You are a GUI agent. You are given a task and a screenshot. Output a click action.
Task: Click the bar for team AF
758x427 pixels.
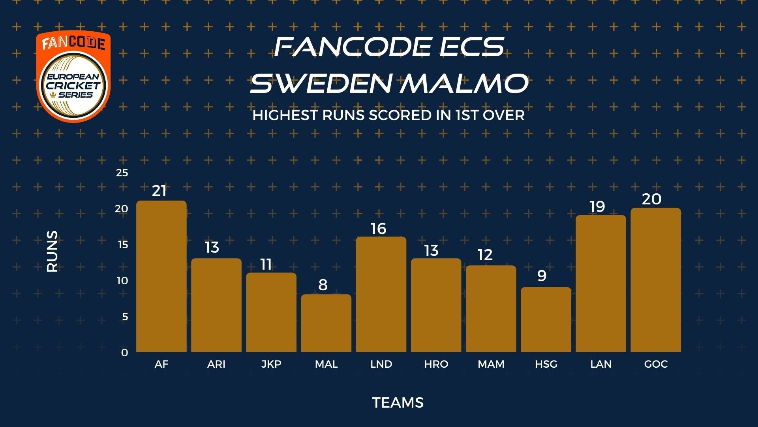161,276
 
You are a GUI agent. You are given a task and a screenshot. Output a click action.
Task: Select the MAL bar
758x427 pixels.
326,323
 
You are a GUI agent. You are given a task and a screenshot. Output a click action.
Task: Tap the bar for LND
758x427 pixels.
381,294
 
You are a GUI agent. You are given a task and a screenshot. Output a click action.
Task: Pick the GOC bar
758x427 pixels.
656,280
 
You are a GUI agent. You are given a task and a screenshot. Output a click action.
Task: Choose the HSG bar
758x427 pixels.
546,319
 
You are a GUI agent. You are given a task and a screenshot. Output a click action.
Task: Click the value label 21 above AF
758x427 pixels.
159,191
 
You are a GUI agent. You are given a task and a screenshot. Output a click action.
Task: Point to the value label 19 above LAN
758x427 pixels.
597,206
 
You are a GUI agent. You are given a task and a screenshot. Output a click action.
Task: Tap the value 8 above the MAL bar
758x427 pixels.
323,285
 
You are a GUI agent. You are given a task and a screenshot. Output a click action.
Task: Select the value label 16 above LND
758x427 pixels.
378,229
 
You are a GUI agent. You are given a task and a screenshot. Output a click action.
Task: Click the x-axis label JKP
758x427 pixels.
271,364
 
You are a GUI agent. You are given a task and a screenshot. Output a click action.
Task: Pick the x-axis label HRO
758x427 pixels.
436,364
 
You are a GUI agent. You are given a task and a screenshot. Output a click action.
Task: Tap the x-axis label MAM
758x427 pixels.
491,364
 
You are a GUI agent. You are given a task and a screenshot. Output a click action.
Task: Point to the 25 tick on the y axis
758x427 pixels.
122,173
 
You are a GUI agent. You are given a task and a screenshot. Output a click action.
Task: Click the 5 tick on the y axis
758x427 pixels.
125,316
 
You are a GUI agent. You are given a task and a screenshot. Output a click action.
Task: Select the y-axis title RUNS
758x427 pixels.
52,251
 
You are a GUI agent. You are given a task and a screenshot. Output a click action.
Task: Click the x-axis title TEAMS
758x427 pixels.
398,402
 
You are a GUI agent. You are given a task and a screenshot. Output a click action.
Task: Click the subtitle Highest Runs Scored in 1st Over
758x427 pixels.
388,115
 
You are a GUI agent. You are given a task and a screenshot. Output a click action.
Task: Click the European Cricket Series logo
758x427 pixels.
74,76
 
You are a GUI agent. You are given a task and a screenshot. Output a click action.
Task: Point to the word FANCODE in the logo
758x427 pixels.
74,43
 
